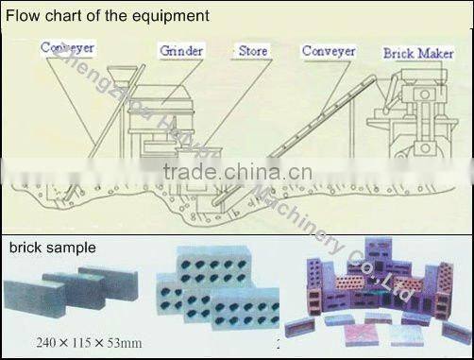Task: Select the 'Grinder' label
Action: click(x=181, y=50)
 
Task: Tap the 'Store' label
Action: click(x=252, y=50)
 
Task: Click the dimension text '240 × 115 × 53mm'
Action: click(x=91, y=341)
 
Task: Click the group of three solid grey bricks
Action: click(x=76, y=293)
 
